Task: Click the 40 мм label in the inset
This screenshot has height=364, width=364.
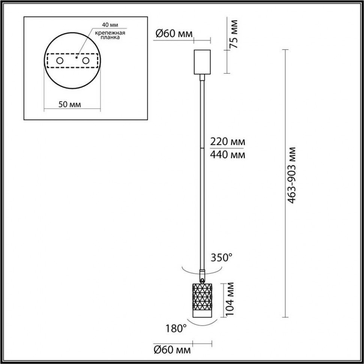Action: coord(110,25)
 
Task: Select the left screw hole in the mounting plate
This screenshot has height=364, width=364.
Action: coord(59,61)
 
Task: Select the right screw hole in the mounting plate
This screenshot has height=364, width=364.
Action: coord(86,61)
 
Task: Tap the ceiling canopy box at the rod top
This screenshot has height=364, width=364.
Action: coord(202,62)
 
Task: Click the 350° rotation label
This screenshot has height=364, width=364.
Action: coord(221,258)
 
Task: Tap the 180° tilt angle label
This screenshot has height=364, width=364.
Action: coord(176,329)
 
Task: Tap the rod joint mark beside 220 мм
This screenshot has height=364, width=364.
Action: coord(202,149)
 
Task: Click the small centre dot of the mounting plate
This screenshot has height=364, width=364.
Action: coord(76,58)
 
